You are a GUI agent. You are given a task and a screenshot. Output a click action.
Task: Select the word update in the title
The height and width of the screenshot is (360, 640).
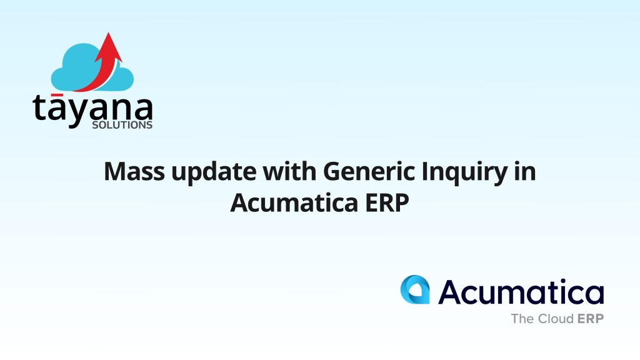click(214, 173)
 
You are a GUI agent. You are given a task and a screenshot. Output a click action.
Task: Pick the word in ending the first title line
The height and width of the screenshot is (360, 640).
click(525, 171)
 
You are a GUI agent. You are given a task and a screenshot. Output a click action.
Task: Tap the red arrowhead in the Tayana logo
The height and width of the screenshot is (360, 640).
click(109, 47)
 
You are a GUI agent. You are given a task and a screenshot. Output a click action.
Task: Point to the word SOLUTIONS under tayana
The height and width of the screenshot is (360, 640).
click(122, 125)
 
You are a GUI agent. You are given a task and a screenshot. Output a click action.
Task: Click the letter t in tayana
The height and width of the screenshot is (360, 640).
click(40, 107)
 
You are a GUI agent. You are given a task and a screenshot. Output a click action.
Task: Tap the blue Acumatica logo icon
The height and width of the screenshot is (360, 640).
click(415, 289)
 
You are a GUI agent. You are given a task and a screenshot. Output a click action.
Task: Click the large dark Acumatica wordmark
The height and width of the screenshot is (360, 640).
click(521, 291)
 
